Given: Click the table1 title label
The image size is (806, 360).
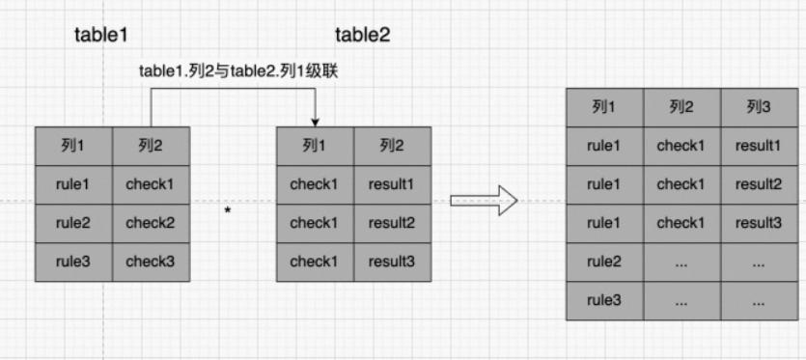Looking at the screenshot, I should tap(101, 35).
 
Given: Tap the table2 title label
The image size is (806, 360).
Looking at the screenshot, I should tap(362, 35).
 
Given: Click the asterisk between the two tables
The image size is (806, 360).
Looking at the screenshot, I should tap(228, 209).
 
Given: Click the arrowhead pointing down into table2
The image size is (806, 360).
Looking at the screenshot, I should tap(316, 121).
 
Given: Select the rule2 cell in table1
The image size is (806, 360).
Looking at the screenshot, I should tap(73, 223).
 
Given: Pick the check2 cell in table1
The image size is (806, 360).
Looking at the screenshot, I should tap(150, 223).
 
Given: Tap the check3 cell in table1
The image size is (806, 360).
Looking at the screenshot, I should tap(150, 262).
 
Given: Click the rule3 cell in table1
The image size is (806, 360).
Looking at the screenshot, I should tap(73, 262).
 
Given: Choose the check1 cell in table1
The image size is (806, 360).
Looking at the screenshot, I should tap(150, 184).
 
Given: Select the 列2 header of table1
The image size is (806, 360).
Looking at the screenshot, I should tap(150, 146).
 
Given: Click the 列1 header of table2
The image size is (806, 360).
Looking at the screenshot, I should tap(315, 146).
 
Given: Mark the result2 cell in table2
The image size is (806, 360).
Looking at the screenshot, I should tap(391, 223).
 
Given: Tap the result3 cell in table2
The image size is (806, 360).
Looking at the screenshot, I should tap(391, 262).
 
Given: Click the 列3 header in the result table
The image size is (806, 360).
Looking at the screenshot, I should tap(758, 106).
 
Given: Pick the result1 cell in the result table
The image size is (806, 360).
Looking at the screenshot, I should tap(758, 146).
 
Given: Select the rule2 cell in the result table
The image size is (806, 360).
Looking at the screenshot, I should tap(604, 262).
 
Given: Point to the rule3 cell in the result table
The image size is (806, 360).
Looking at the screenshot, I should tap(604, 300).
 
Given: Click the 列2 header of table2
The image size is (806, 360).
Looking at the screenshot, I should tap(391, 146).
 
